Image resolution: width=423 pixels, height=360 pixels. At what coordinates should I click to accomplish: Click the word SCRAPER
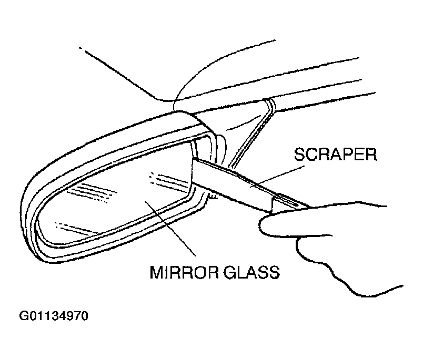coord(335,155)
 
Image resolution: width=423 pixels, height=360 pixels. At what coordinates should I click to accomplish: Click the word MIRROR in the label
coord(184,272)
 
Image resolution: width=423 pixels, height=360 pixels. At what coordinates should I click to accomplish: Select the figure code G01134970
coord(54,316)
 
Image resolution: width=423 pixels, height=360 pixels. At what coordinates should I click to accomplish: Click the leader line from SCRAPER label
coord(277,176)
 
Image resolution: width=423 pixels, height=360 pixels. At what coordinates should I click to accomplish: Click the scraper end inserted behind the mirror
coord(193,171)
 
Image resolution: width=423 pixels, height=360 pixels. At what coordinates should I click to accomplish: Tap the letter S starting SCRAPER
coord(299,155)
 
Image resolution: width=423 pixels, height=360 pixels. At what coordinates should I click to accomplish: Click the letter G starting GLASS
coord(229,272)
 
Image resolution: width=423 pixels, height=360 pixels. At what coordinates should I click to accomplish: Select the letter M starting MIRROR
coord(156,272)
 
